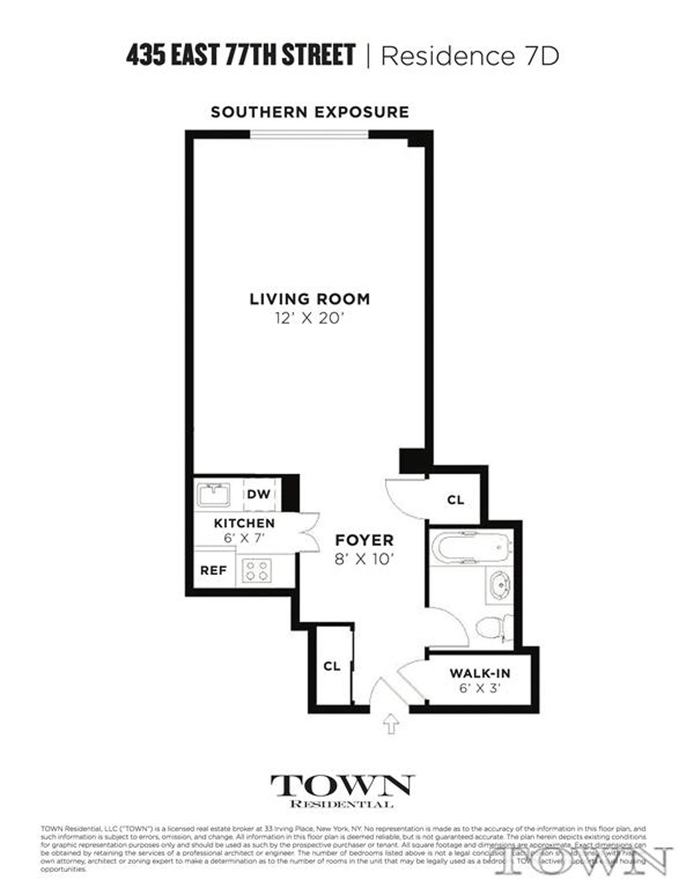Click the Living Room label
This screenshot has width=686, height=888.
point(309,299)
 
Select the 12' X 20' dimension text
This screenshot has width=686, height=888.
point(309,318)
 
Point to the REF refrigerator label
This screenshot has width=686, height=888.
point(213,570)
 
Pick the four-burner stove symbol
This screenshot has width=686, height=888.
point(256,570)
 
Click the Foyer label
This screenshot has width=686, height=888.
point(364,540)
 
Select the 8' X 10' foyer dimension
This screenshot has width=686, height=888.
point(364,559)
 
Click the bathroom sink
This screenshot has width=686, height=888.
point(499,585)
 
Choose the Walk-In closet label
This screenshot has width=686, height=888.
point(480,673)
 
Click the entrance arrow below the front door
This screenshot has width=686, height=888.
point(391,724)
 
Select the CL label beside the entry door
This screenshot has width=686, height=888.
point(332,666)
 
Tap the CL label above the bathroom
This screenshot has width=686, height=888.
point(455,500)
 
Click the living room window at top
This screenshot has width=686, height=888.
point(309,135)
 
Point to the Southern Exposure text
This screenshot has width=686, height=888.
point(309,112)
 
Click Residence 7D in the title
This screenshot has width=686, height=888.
point(469,56)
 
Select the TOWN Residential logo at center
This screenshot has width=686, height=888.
point(342,791)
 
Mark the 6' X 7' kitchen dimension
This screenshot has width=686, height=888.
point(244,537)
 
